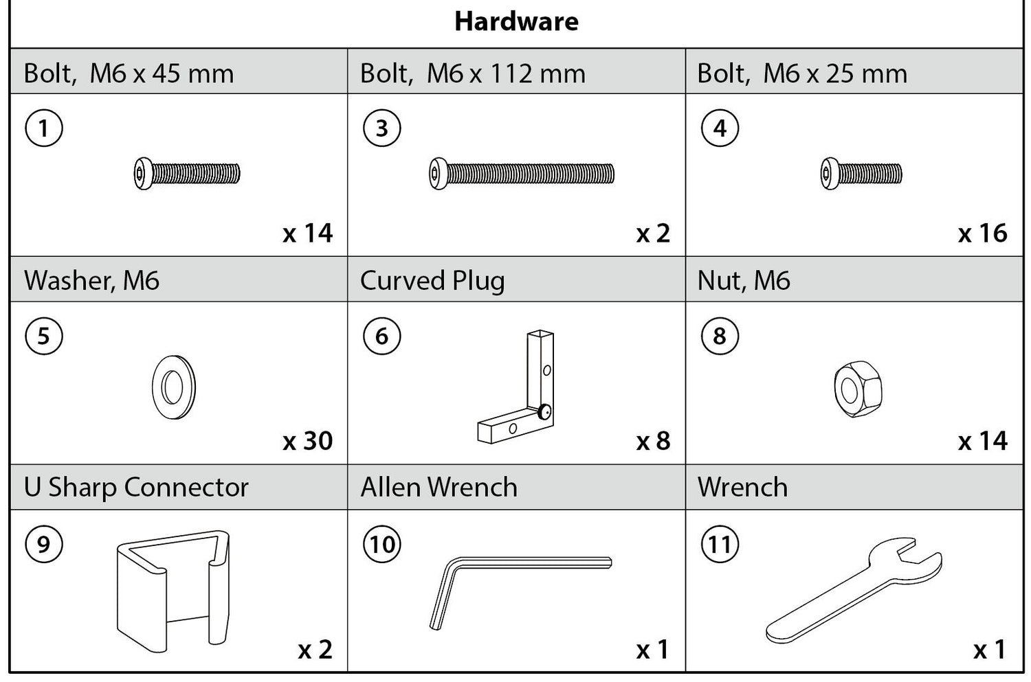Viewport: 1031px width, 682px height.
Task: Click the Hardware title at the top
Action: click(x=516, y=21)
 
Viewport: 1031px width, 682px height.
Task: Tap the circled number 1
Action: click(x=44, y=128)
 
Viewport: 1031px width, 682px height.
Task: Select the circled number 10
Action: click(x=382, y=544)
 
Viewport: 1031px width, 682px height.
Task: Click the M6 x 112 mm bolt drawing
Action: click(x=522, y=174)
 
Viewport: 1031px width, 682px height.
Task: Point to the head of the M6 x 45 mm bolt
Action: click(x=143, y=174)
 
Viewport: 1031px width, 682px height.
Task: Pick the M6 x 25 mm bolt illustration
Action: click(x=861, y=174)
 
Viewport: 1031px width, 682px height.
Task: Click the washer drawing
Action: click(x=173, y=387)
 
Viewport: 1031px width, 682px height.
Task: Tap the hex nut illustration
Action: click(x=858, y=389)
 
